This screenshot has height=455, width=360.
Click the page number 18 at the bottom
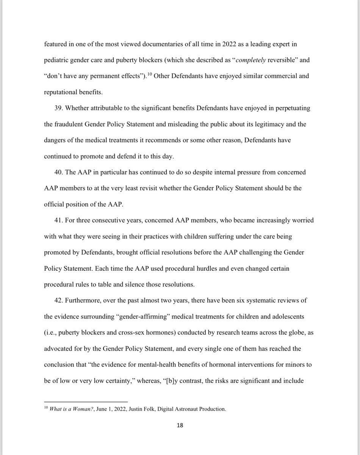(x=180, y=425)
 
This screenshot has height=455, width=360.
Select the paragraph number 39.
(x=59, y=108)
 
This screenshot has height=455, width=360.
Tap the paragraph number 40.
(x=59, y=173)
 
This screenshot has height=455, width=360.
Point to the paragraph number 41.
(x=59, y=221)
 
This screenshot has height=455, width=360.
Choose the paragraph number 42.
(x=59, y=301)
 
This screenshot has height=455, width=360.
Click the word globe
(x=288, y=333)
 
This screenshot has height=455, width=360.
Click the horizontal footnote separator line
(x=86, y=402)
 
